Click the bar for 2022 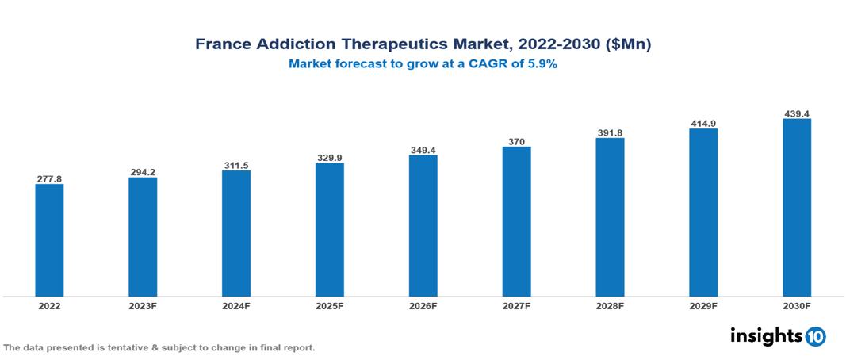tap(49, 240)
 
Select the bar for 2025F tap(329, 230)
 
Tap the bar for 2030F tap(796, 208)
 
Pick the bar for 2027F tap(516, 221)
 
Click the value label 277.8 tap(49, 179)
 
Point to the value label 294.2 tap(143, 172)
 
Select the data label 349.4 tap(423, 150)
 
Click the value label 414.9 tap(703, 124)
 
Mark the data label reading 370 tap(516, 142)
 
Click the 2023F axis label tap(143, 305)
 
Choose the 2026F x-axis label tap(423, 305)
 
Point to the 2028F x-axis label tap(610, 305)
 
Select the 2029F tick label tap(703, 305)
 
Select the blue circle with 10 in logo tap(816, 337)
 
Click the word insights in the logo tap(766, 336)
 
